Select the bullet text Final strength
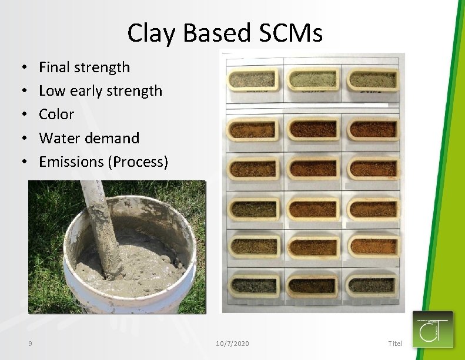point(84,68)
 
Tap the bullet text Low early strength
point(100,91)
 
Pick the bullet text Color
point(56,115)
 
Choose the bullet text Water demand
point(89,138)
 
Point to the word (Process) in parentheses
point(138,162)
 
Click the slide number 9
point(29,343)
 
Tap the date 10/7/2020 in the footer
point(232,343)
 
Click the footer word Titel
point(395,343)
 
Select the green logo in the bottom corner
point(433,329)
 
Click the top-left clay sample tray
point(253,79)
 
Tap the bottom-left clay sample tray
point(253,286)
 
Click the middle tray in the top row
point(312,79)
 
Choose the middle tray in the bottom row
point(312,286)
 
